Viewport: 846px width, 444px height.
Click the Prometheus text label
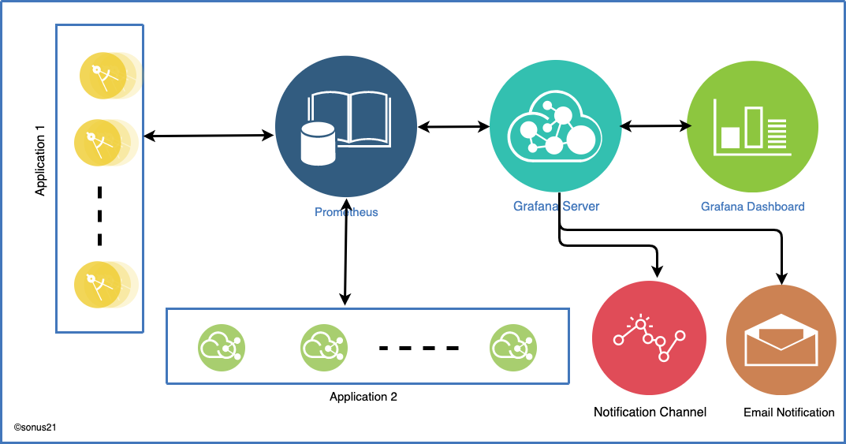(x=346, y=212)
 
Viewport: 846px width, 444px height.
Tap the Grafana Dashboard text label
(x=753, y=207)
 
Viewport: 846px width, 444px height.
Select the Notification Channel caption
(x=650, y=412)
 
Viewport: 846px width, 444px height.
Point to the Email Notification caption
(x=788, y=412)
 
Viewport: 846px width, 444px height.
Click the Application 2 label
(x=363, y=397)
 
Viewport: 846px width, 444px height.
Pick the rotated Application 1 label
(x=40, y=160)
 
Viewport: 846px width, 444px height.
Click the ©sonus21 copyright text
(x=35, y=427)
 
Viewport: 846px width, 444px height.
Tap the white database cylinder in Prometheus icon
(x=318, y=144)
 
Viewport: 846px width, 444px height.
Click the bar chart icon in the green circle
(x=752, y=127)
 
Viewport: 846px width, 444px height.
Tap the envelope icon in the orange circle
(x=781, y=340)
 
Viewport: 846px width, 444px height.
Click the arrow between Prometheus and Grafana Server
(x=453, y=127)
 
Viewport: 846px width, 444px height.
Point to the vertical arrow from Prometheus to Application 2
(x=346, y=252)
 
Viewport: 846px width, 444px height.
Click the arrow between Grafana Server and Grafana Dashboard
(x=655, y=126)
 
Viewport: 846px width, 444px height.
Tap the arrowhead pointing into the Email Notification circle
(x=781, y=278)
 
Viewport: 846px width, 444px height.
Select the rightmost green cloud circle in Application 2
(x=513, y=348)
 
